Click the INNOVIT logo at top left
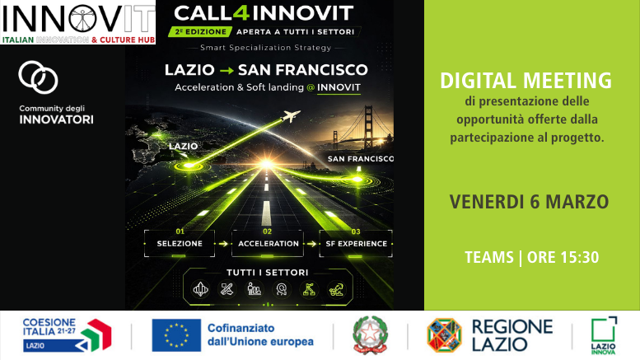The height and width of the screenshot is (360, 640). coord(77,22)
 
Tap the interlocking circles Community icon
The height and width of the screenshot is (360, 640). coord(39,77)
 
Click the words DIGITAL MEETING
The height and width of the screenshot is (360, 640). coord(526,81)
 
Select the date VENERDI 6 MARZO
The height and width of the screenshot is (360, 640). coord(529,202)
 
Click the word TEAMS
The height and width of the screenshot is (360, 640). coord(489,257)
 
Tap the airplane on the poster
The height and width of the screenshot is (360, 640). coord(290,118)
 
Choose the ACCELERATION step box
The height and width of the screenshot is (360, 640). coord(268,244)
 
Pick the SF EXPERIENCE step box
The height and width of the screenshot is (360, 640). coord(356,244)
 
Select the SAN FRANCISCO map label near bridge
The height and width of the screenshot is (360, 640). coord(360,158)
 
